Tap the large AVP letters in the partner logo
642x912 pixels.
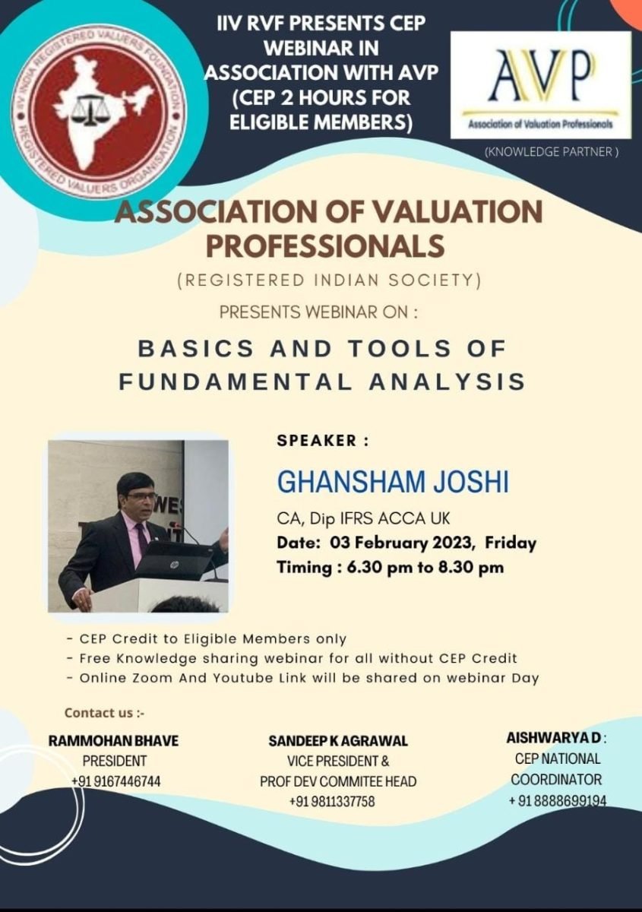click(541, 77)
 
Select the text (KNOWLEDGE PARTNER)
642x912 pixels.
click(552, 152)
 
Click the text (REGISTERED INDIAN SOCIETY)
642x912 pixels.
click(330, 280)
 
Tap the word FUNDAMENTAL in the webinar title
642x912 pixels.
click(236, 382)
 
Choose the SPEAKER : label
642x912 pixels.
click(323, 441)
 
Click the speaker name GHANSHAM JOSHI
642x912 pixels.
click(393, 482)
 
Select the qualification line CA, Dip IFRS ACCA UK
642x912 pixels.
click(363, 518)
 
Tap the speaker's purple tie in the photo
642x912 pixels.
click(143, 540)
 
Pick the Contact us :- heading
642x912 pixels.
click(105, 713)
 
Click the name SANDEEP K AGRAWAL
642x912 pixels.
click(338, 741)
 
